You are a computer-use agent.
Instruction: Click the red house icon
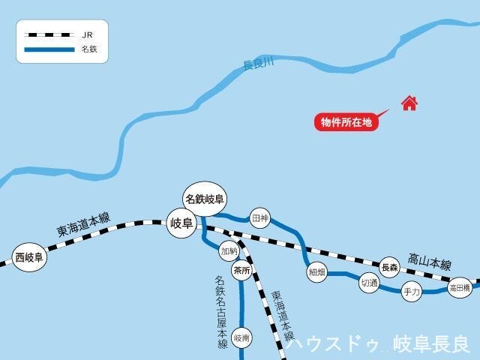click(409, 103)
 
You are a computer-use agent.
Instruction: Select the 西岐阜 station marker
click(30, 258)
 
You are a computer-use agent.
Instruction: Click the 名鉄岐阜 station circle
click(205, 199)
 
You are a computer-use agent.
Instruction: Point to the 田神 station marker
click(260, 218)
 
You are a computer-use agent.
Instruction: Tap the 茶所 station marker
click(241, 271)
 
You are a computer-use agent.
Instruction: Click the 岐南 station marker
click(241, 338)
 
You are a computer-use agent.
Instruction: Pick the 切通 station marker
click(368, 283)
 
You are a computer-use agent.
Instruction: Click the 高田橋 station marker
click(459, 287)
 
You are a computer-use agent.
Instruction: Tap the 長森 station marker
click(389, 267)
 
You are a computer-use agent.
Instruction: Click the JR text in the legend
click(88, 34)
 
